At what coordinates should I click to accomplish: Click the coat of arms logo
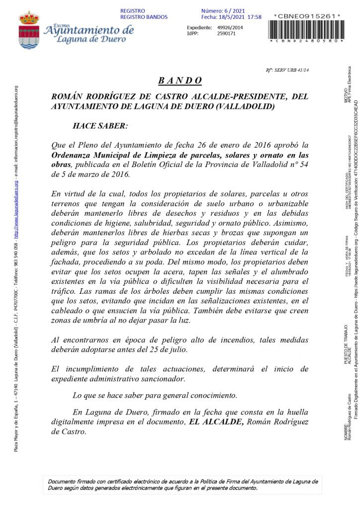[x=29, y=30]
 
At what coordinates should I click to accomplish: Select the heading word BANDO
[x=180, y=81]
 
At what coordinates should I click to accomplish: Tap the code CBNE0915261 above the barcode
[x=307, y=16]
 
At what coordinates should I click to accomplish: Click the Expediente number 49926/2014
[x=230, y=27]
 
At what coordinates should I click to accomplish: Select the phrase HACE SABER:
[x=100, y=126]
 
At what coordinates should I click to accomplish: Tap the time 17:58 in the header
[x=254, y=17]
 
